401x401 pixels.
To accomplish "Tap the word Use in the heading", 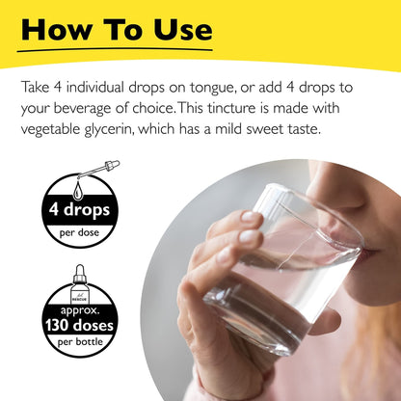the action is (x=183, y=30).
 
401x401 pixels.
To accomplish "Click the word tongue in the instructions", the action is (x=213, y=88).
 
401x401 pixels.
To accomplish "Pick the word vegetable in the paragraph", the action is (x=51, y=130).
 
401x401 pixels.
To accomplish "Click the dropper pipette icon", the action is (x=98, y=170).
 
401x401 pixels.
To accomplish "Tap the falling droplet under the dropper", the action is (x=77, y=191).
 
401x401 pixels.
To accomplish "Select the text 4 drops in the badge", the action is (x=79, y=210).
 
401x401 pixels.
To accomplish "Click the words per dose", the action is (x=79, y=232).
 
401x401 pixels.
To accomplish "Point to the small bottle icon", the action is (x=79, y=284).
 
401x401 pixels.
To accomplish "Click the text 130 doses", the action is (x=79, y=325).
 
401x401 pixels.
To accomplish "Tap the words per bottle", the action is (x=80, y=342).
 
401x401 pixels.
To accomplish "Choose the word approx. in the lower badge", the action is (x=80, y=311).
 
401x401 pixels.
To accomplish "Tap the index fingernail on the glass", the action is (x=252, y=217).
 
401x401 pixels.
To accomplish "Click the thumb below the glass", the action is (x=325, y=321).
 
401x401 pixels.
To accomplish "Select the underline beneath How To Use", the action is (x=115, y=50).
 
